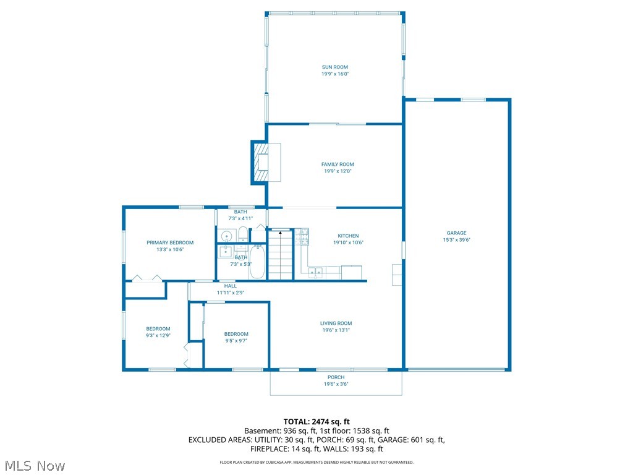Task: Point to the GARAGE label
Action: point(456,233)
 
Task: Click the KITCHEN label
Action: point(348,236)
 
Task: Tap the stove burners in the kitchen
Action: point(302,237)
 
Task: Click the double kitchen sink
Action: point(316,272)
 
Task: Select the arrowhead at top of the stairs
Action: point(280,233)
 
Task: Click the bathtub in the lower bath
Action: point(258,262)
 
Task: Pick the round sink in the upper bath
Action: point(226,236)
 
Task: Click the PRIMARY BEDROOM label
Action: point(170,242)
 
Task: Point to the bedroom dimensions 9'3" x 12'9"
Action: point(158,336)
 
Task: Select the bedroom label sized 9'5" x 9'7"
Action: point(236,334)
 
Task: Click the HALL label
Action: point(231,286)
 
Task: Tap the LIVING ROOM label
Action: point(336,323)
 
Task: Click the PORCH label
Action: point(336,377)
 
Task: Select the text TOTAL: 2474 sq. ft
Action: point(316,421)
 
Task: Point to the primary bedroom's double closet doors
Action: point(146,278)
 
